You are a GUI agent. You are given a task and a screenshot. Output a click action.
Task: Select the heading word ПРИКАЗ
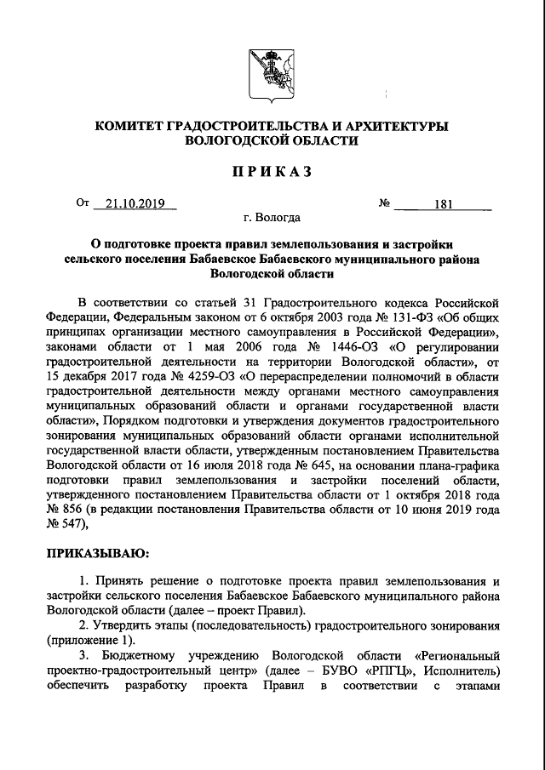click(272, 171)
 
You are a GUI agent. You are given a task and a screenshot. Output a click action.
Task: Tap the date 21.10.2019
click(135, 204)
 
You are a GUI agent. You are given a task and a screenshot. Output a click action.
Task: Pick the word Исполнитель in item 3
click(461, 670)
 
